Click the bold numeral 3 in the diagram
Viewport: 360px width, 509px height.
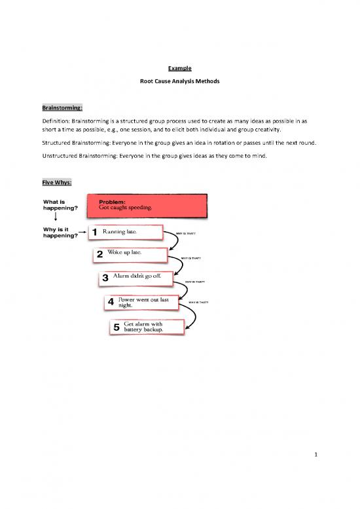coord(105,279)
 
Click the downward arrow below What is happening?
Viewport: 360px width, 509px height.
coord(54,218)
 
